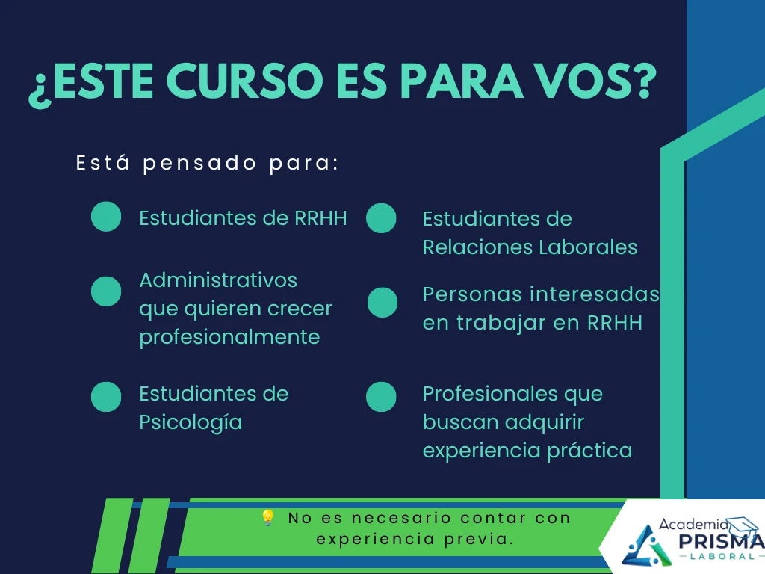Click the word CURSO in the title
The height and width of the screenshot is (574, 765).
pos(245,81)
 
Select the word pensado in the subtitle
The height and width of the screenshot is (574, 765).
pos(199,164)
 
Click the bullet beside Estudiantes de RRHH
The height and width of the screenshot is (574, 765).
pos(106,216)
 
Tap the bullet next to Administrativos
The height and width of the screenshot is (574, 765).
pos(106,291)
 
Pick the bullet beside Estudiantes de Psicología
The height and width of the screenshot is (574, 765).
pos(106,397)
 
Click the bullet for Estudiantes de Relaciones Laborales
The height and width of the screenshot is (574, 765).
pos(381,217)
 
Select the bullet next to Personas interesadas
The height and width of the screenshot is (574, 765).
pos(382,303)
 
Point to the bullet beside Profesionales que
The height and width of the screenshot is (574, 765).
pos(381,396)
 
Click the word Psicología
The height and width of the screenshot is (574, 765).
pos(191,423)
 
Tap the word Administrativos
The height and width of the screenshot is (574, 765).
pos(218,280)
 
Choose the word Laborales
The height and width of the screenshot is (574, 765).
pos(588,247)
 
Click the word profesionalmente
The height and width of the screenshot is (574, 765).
pos(229,338)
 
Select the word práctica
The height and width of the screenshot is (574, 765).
pos(589,451)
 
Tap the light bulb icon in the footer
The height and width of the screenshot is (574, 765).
pos(268,517)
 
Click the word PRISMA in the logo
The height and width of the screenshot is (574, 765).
pos(721,541)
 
